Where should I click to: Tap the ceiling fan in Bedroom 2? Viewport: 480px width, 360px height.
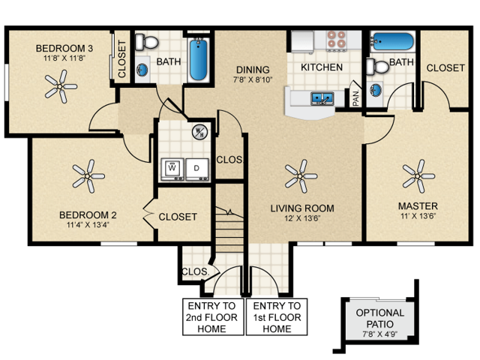coord(88,177)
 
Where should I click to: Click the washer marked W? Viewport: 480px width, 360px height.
coord(172,169)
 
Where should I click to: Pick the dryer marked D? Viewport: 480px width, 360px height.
coord(197,169)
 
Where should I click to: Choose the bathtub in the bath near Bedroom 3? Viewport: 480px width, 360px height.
coord(198,59)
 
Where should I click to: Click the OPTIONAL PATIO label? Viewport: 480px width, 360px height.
coord(379,318)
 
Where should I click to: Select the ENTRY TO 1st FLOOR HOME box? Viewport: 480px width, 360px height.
coord(277,317)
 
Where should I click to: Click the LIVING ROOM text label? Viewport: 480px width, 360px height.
coord(302,208)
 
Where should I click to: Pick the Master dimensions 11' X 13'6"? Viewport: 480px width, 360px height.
coord(417,216)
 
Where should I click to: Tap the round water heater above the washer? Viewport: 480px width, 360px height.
coord(199,133)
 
